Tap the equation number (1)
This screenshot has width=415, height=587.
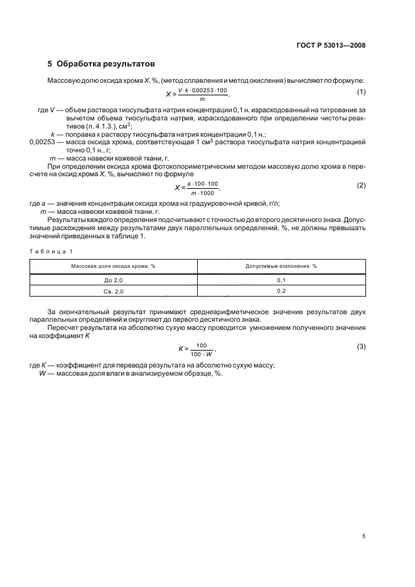361,93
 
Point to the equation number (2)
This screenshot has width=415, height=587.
361,186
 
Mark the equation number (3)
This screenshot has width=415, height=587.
361,346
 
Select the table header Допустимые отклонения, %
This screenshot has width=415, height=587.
281,266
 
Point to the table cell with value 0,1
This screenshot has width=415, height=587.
281,280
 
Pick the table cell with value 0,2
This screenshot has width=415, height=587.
281,292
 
